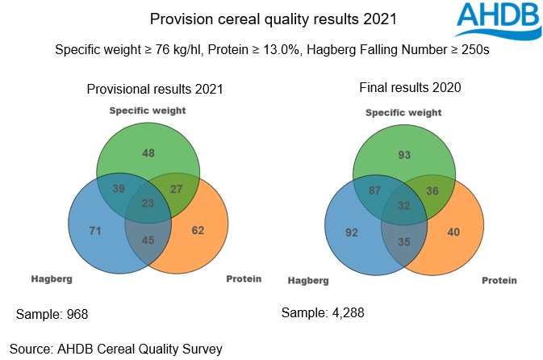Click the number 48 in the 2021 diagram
pyautogui.click(x=148, y=153)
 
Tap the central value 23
pyautogui.click(x=148, y=204)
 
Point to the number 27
pyautogui.click(x=178, y=188)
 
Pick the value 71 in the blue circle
pyautogui.click(x=94, y=231)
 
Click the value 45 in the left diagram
pyautogui.click(x=148, y=239)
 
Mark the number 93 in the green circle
pyautogui.click(x=404, y=154)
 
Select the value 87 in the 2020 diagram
pyautogui.click(x=374, y=190)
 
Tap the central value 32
pyautogui.click(x=404, y=206)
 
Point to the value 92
pyautogui.click(x=350, y=232)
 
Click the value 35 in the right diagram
pyautogui.click(x=404, y=241)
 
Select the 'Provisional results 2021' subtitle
pyautogui.click(x=155, y=90)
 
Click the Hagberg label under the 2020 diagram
pyautogui.click(x=308, y=281)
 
